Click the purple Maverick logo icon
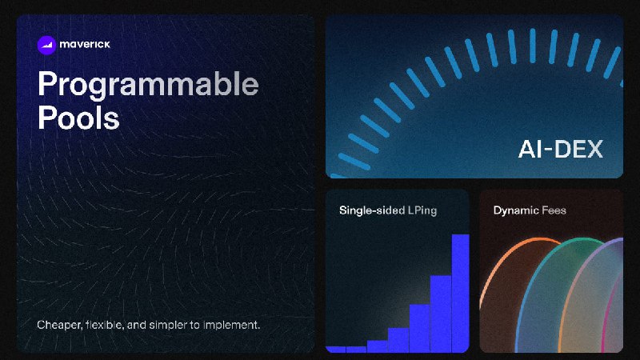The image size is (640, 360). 46,45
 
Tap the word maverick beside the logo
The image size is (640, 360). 85,44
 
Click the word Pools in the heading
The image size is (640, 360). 78,118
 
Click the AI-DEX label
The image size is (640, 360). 561,149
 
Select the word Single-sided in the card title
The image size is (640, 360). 372,210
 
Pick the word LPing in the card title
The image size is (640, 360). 422,210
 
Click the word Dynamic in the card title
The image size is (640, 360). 515,210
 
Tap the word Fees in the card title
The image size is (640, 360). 554,210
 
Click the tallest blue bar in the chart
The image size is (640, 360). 461,293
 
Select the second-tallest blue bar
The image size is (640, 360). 441,314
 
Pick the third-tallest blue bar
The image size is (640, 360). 419,328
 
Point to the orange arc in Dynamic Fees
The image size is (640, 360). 503,258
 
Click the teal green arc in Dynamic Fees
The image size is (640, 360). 543,262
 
